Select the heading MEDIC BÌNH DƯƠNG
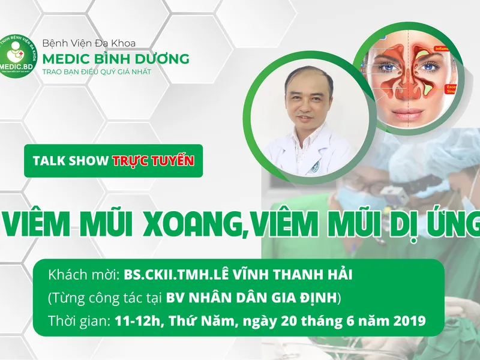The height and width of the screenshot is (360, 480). click(x=115, y=59)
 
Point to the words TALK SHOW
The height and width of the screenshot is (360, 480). click(x=71, y=161)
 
